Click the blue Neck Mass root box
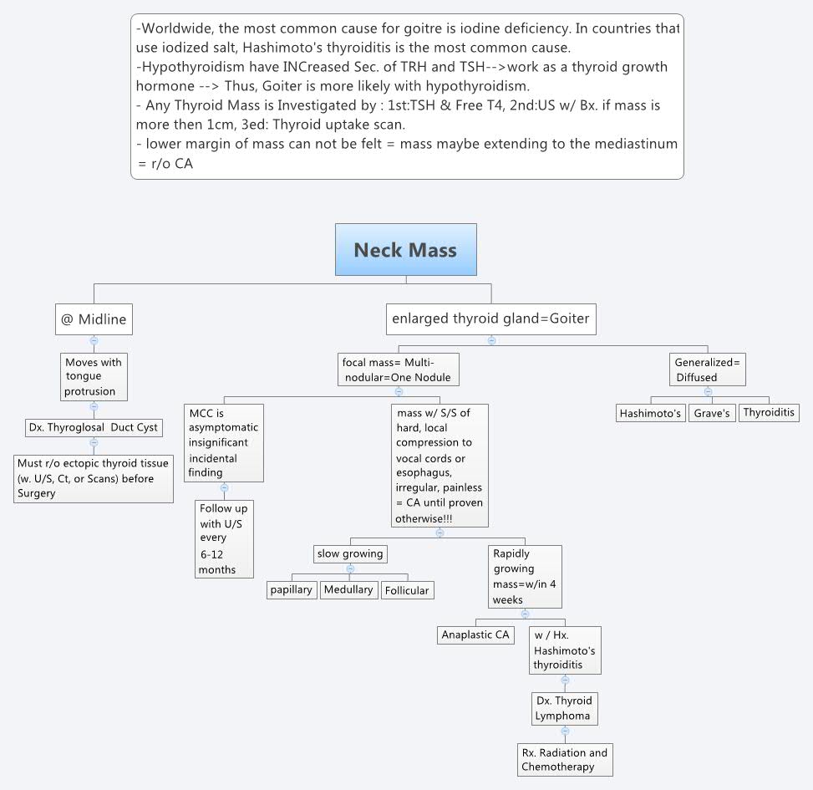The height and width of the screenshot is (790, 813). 405,249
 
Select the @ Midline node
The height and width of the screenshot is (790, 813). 94,319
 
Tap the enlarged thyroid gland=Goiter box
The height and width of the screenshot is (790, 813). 490,319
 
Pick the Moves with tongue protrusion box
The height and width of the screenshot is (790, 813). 94,376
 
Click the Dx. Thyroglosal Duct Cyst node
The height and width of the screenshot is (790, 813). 94,428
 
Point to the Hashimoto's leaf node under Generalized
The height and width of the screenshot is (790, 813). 650,413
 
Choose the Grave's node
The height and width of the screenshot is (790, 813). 712,413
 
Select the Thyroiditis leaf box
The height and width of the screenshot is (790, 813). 769,413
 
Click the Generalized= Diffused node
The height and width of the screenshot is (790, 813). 708,370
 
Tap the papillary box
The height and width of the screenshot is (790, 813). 292,590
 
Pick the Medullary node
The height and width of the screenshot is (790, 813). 348,590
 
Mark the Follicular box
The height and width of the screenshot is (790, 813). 407,591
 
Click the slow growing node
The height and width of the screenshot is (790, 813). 350,553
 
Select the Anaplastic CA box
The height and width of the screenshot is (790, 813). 475,635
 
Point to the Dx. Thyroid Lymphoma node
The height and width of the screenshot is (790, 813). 565,708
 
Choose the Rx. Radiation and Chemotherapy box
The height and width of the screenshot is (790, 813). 564,760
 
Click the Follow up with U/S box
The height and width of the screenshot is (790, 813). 223,538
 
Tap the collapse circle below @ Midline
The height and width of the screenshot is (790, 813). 94,340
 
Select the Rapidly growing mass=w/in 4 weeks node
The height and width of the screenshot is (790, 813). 526,577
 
